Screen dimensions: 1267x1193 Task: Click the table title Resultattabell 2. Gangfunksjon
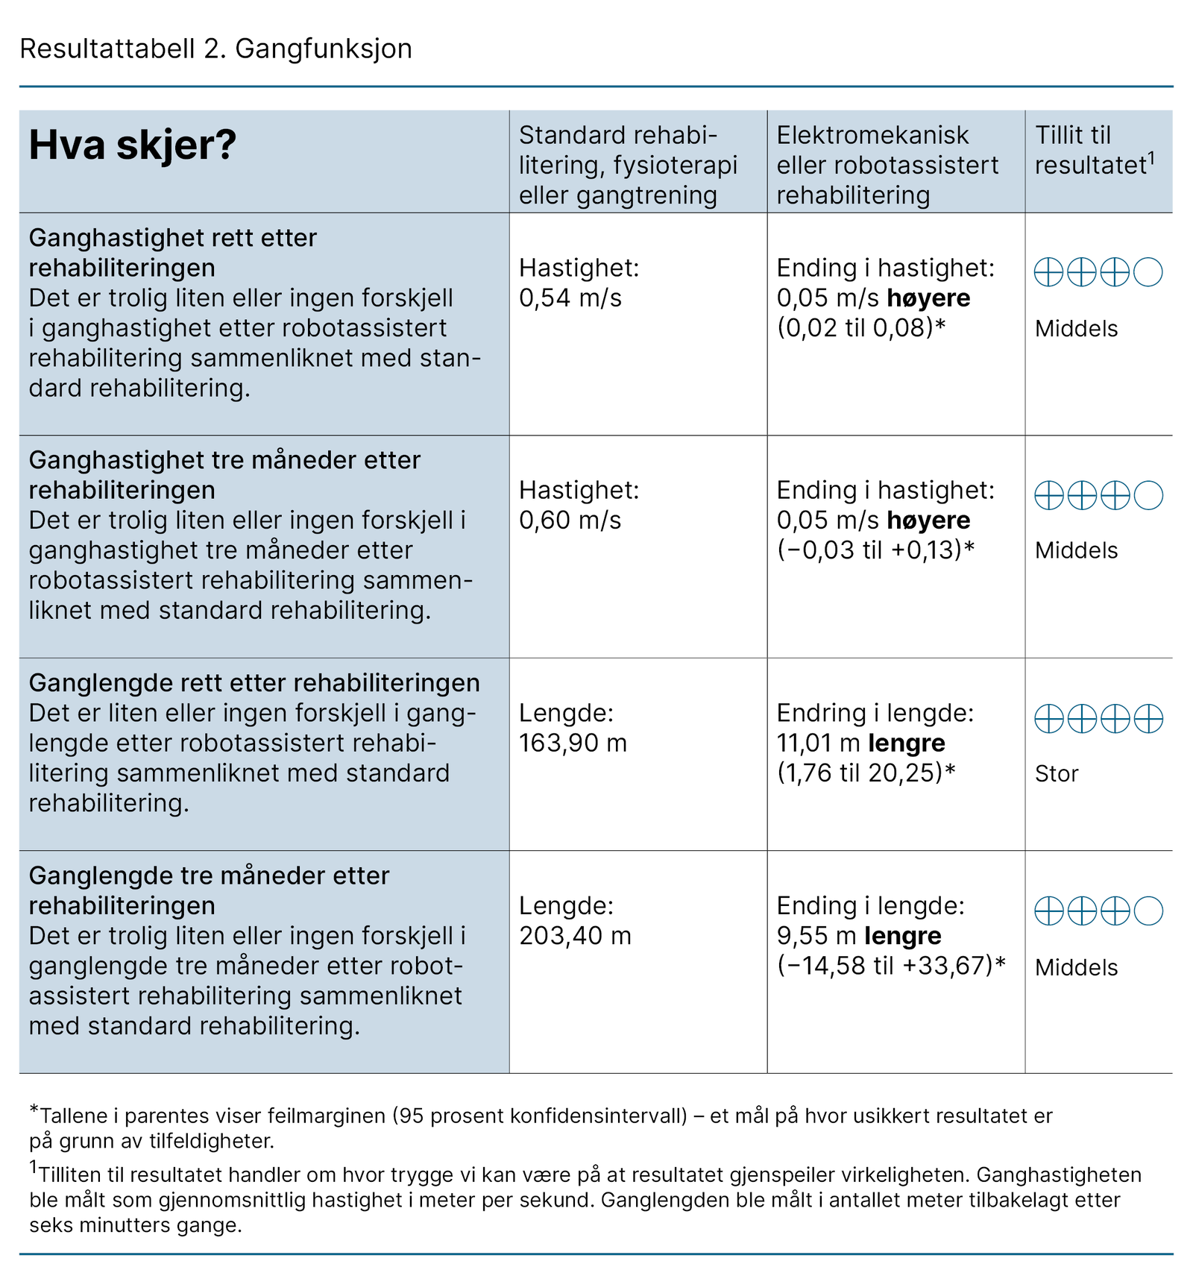[215, 48]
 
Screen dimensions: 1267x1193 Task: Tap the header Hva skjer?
[132, 145]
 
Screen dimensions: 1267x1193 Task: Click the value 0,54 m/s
[570, 298]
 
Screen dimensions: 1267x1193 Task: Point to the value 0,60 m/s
[570, 521]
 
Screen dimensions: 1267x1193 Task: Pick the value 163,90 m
[573, 743]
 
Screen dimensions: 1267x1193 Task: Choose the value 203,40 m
[575, 936]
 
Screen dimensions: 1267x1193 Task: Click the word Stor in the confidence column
[1056, 774]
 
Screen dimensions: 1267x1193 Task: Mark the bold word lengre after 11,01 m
[907, 743]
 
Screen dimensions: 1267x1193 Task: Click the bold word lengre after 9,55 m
[902, 936]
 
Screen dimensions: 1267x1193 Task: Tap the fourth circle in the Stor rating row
[1148, 719]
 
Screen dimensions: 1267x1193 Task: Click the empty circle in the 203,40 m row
[1148, 911]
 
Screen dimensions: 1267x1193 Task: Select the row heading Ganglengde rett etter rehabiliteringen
[254, 683]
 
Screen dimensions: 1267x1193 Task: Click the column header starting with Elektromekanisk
[887, 165]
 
